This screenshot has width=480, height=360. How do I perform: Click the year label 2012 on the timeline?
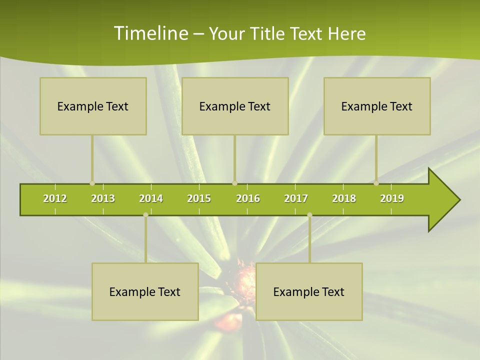click(55, 198)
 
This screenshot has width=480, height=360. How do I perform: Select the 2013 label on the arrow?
click(103, 198)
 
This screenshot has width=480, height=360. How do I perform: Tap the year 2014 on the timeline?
click(151, 198)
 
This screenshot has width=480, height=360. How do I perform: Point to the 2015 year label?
click(199, 198)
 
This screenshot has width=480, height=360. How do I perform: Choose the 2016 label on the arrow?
click(248, 198)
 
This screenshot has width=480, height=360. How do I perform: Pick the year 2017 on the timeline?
click(296, 198)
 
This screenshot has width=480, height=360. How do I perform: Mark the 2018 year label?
click(344, 198)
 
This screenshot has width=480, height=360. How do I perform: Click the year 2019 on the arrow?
click(392, 198)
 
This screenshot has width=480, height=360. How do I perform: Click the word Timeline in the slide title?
click(150, 33)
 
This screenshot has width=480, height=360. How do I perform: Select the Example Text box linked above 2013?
click(93, 106)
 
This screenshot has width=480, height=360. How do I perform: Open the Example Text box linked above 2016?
click(235, 106)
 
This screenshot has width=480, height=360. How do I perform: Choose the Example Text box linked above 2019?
click(377, 106)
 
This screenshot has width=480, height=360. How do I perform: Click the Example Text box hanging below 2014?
click(145, 291)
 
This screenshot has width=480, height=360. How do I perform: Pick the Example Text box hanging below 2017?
click(309, 291)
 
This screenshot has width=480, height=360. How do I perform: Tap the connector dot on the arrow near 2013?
click(92, 183)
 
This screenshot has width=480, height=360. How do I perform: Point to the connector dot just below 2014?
click(145, 215)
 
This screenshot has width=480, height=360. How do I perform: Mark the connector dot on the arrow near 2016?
click(234, 183)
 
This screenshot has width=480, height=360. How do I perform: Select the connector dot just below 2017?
click(309, 215)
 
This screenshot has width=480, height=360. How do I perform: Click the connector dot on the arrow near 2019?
click(376, 183)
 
